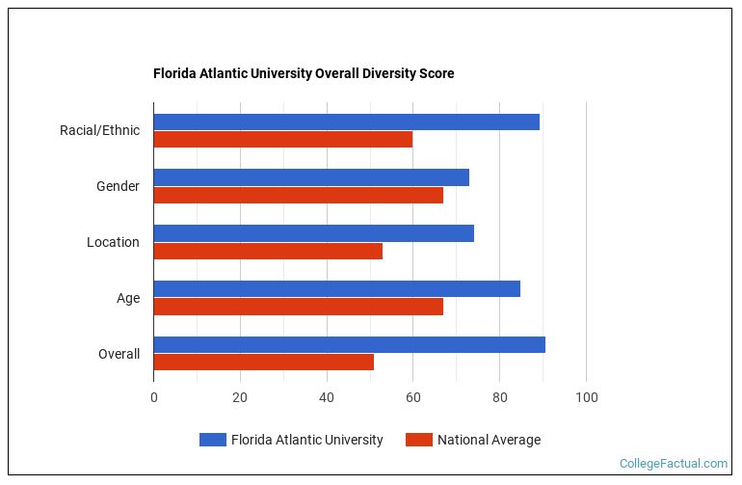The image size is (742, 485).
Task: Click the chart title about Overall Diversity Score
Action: tap(304, 73)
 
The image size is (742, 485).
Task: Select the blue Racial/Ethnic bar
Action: tap(346, 121)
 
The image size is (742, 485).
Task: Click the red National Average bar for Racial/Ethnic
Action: tap(282, 139)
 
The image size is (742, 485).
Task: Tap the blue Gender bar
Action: tap(311, 177)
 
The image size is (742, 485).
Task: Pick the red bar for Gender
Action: tap(298, 195)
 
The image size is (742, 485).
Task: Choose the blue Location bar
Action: tap(313, 233)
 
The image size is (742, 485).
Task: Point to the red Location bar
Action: tap(268, 251)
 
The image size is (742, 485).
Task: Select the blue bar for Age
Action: tap(336, 289)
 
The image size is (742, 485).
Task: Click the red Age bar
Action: tap(298, 307)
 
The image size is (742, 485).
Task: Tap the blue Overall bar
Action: tap(349, 345)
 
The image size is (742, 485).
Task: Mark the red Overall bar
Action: tap(263, 363)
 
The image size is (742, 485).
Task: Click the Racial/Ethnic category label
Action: tap(99, 130)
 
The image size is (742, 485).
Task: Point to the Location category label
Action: tap(113, 242)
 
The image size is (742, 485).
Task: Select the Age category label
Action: tap(128, 298)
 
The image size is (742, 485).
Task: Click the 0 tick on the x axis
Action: tap(153, 397)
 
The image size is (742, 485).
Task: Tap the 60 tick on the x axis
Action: tap(412, 397)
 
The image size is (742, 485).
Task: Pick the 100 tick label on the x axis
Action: tap(586, 397)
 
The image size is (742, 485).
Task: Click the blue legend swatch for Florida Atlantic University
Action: tap(212, 440)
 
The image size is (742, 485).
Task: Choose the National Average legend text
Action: tap(489, 440)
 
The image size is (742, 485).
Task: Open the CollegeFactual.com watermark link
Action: tap(673, 464)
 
